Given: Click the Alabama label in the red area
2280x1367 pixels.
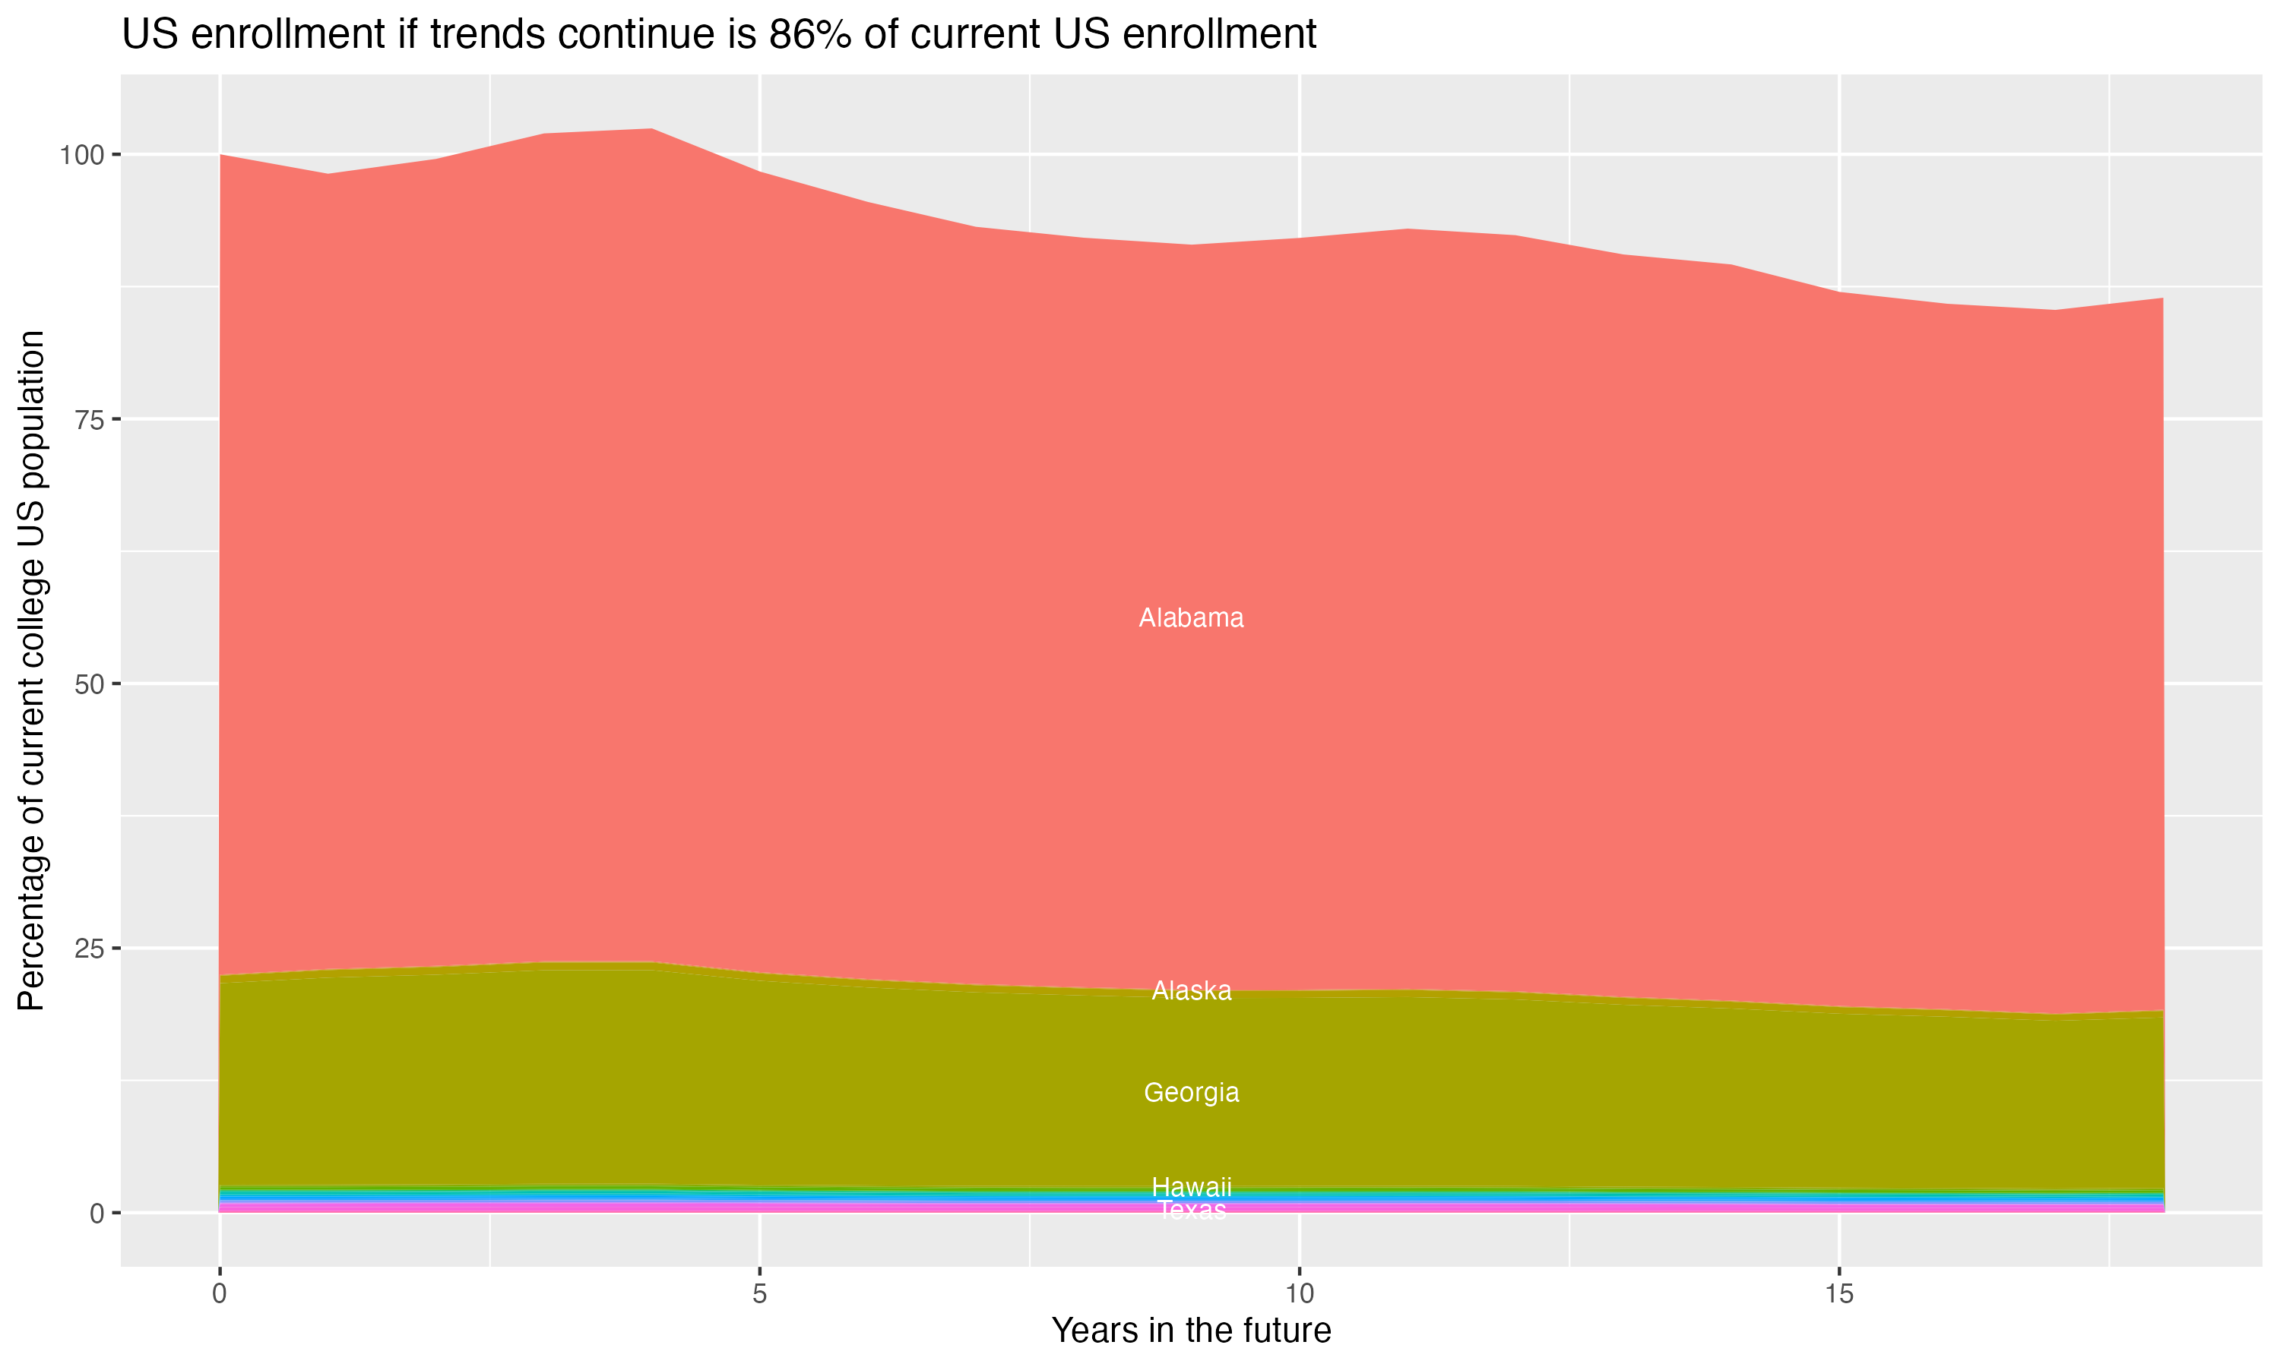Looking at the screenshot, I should (x=1191, y=618).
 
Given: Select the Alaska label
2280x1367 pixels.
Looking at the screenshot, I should (x=1191, y=991).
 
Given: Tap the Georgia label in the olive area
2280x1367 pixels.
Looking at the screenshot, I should (x=1191, y=1093).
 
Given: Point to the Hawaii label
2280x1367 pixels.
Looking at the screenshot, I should (x=1191, y=1186).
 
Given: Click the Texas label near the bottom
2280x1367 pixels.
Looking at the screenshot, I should (x=1191, y=1211).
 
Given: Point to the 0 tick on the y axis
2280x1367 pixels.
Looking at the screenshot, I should (x=96, y=1213).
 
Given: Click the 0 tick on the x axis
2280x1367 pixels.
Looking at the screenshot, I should (x=220, y=1294).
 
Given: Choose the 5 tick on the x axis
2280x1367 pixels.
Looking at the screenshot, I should (x=759, y=1294).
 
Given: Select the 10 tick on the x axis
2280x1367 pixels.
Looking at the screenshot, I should (x=1299, y=1294).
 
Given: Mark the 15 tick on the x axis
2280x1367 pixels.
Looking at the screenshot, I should (x=1838, y=1294).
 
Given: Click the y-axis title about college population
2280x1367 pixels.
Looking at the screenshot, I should (x=31, y=671).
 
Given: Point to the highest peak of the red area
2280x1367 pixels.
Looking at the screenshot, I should (x=651, y=131).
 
